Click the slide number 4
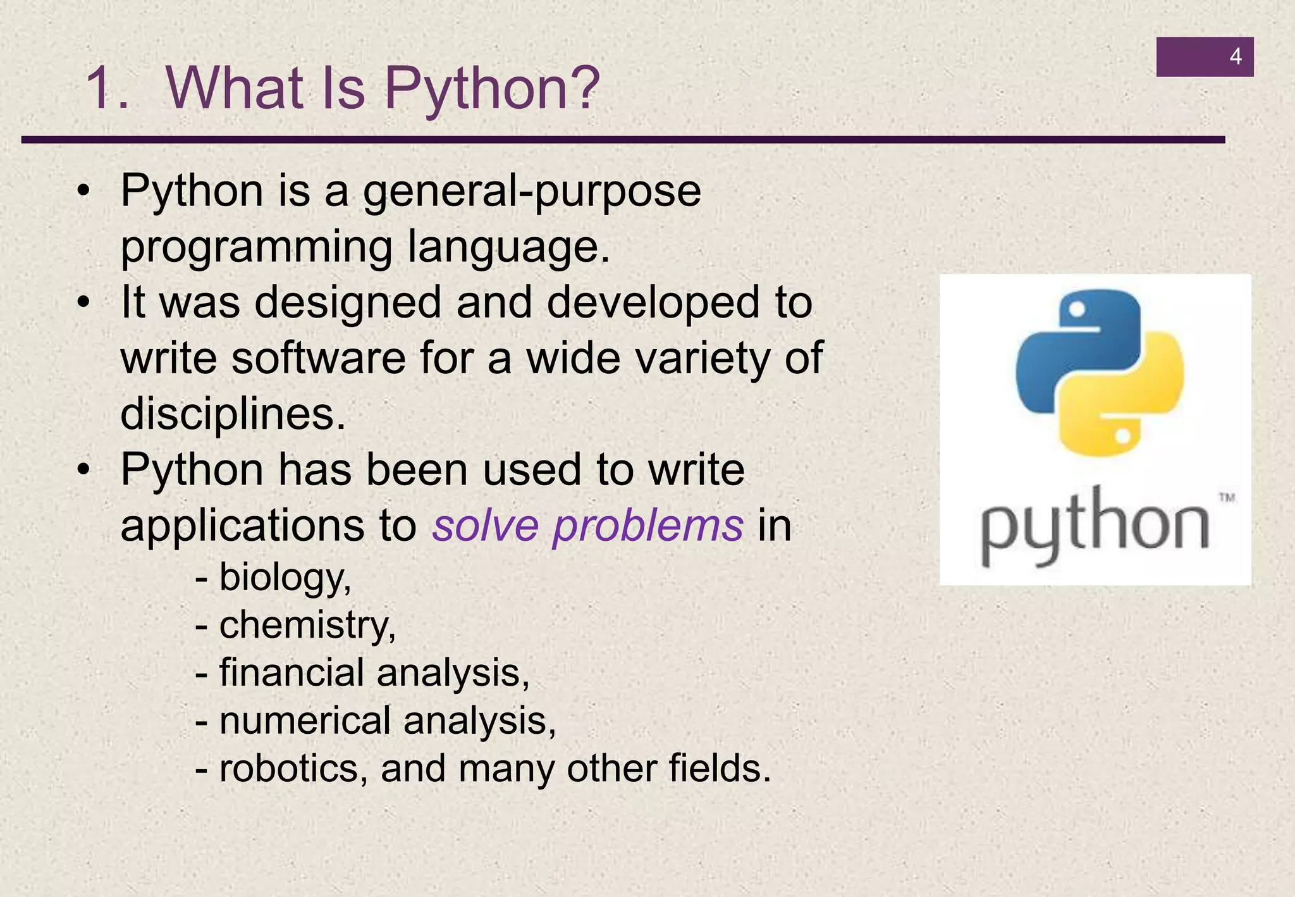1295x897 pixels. pyautogui.click(x=1235, y=57)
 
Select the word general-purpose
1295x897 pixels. pyautogui.click(x=532, y=192)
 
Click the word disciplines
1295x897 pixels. pyautogui.click(x=233, y=414)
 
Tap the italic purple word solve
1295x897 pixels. pyautogui.click(x=486, y=526)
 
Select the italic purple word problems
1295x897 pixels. pyautogui.click(x=648, y=527)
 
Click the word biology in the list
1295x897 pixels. pyautogui.click(x=284, y=578)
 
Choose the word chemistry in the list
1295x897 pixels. pyautogui.click(x=307, y=625)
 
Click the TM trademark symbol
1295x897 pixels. pyautogui.click(x=1227, y=498)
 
